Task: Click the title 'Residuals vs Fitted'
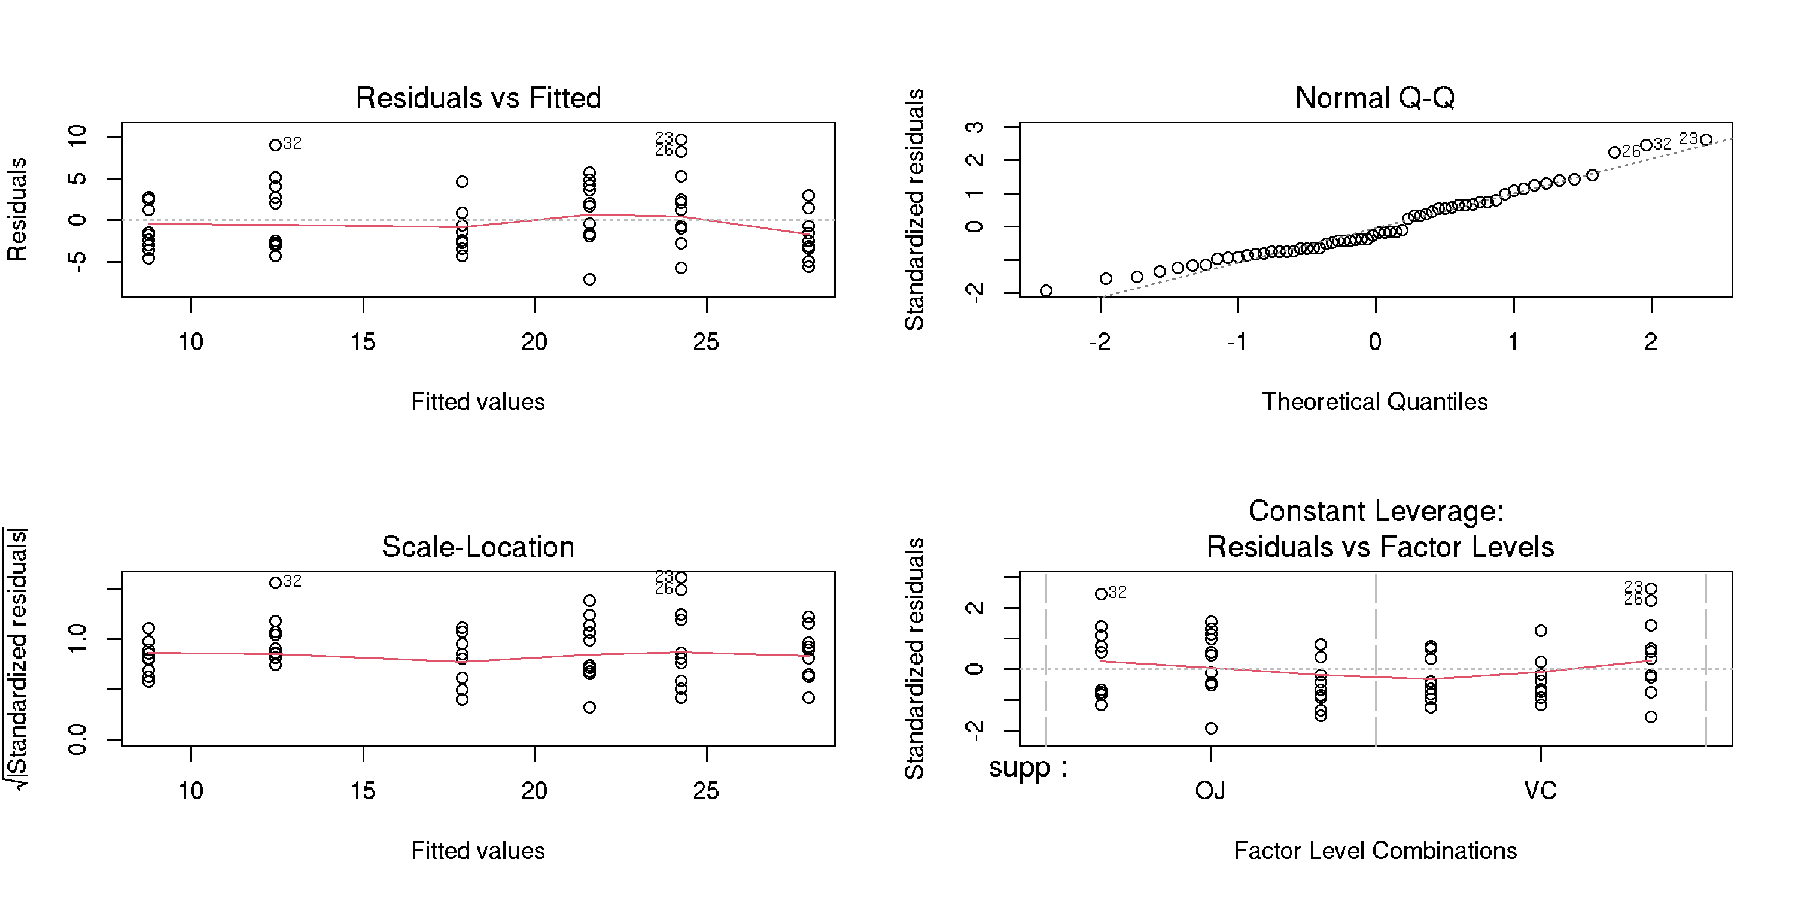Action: tap(478, 98)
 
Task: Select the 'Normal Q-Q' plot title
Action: tap(1375, 98)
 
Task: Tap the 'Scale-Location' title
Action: tap(478, 547)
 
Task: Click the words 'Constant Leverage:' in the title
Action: tap(1376, 511)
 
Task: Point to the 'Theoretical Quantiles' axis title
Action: tap(1375, 402)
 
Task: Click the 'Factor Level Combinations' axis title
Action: tap(1376, 851)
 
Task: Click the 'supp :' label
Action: tap(1027, 767)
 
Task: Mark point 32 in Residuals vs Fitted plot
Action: tap(276, 145)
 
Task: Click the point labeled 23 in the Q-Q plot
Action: tap(1706, 140)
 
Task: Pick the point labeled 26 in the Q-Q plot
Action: tap(1614, 152)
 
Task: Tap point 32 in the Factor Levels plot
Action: tap(1101, 594)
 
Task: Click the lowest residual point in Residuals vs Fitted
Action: tap(589, 280)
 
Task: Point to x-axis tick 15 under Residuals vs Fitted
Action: tap(363, 342)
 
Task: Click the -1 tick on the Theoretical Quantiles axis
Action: tap(1237, 342)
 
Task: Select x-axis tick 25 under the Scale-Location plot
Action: tap(706, 791)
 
